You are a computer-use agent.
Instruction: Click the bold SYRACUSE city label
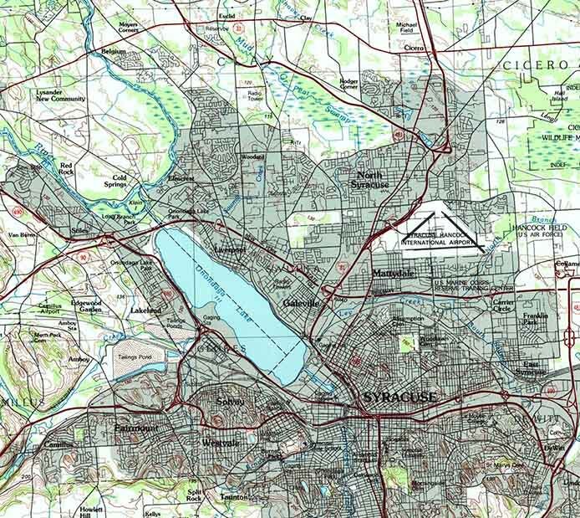(x=399, y=397)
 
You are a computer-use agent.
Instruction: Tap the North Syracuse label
(x=369, y=179)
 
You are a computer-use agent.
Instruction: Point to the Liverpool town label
(x=228, y=249)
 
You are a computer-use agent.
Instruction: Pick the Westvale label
(x=221, y=443)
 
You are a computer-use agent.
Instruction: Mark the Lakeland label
(x=146, y=310)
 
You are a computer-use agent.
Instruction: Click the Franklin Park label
(x=535, y=319)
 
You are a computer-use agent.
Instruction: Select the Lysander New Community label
(x=60, y=95)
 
